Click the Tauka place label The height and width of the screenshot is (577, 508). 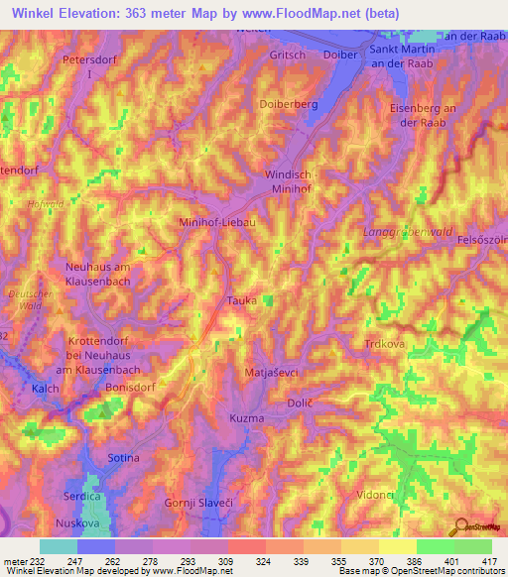242,300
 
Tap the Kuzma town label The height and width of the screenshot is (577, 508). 247,419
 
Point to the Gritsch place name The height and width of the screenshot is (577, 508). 288,56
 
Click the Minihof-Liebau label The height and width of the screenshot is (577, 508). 217,223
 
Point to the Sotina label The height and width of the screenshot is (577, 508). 123,458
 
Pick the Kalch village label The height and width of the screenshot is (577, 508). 46,389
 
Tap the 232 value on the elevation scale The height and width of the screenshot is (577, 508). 38,560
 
